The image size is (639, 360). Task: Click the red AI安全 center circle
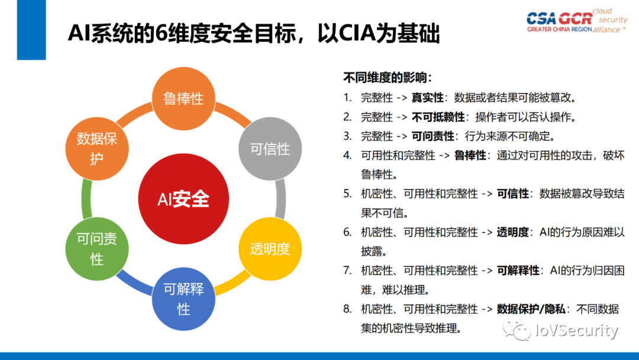coord(183,199)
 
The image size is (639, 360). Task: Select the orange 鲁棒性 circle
coord(183,98)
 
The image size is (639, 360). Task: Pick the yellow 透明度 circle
coord(270,249)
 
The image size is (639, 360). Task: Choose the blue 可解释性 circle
coord(183,299)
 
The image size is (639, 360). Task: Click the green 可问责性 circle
coord(97,249)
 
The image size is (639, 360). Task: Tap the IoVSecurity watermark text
coord(576,331)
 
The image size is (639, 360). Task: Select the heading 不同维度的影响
coord(388,78)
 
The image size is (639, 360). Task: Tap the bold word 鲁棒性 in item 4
coord(470,155)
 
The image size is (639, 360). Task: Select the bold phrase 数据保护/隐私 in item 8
coord(531,308)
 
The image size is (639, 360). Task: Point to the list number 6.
coord(347,232)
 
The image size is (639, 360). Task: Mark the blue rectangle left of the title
coord(31,30)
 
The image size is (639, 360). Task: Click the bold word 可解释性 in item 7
coord(518,270)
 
